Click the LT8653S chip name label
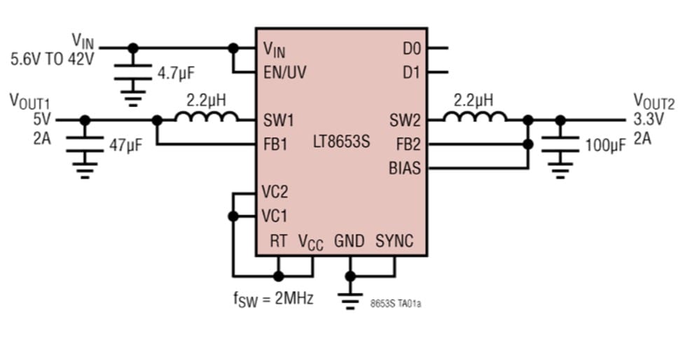pyautogui.click(x=342, y=144)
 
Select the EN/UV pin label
pyautogui.click(x=284, y=71)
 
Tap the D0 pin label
pyautogui.click(x=410, y=49)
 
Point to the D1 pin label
pyautogui.click(x=410, y=71)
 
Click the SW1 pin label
pyautogui.click(x=278, y=120)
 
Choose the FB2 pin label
pyautogui.click(x=408, y=144)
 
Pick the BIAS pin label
pyautogui.click(x=406, y=168)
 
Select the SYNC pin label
pyautogui.click(x=394, y=242)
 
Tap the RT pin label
pyautogui.click(x=279, y=242)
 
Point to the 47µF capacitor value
pyautogui.click(x=126, y=146)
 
